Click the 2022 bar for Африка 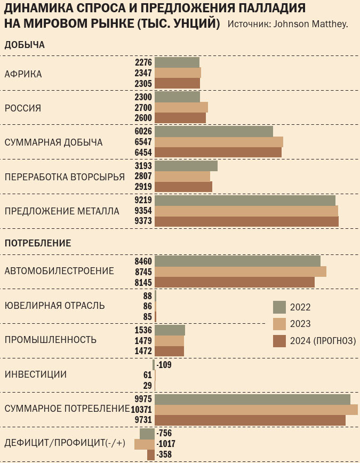(177, 62)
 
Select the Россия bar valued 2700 (181, 107)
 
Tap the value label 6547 (143, 142)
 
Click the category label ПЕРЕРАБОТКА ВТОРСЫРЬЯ (65, 177)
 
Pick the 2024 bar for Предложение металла (246, 221)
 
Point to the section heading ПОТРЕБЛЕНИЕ (38, 243)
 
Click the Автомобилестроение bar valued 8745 (241, 272)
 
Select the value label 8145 (143, 282)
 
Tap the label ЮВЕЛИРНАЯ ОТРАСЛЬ (54, 306)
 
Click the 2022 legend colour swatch (279, 307)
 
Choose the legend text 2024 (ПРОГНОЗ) (323, 341)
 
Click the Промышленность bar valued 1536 (170, 330)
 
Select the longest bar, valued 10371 (256, 410)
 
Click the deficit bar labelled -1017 (145, 444)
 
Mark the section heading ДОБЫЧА (25, 45)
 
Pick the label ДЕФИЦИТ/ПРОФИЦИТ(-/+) (65, 443)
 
